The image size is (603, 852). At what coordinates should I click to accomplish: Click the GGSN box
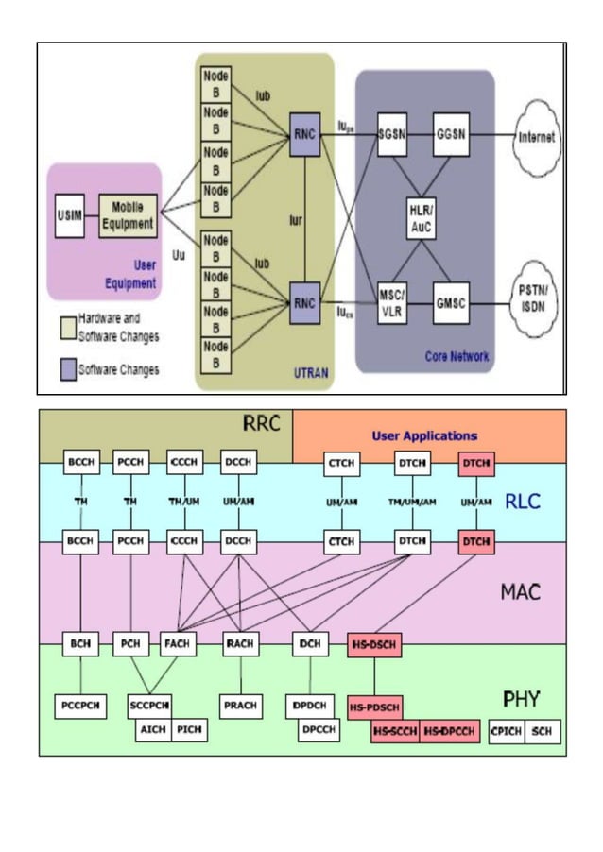449,135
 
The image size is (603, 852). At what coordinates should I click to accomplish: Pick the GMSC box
449,302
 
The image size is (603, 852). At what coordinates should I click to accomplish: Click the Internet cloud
536,137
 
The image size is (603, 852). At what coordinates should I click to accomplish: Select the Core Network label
456,356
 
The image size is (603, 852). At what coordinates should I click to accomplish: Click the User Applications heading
424,435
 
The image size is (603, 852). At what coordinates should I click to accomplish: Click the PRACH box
241,705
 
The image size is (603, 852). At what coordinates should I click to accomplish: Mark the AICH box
152,730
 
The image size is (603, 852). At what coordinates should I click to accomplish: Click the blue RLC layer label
522,502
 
